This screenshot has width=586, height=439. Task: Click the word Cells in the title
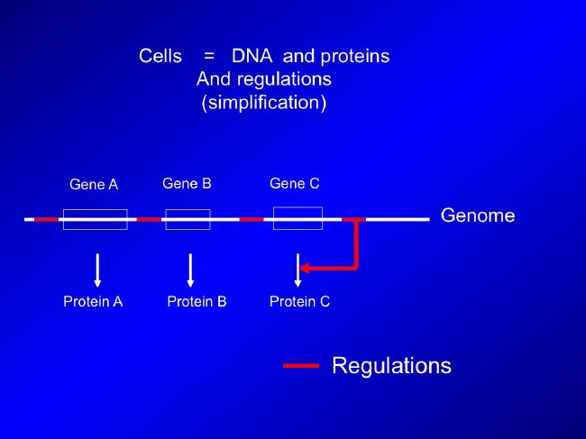(160, 56)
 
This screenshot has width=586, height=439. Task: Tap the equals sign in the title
(209, 57)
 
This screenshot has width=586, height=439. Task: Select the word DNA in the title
(252, 56)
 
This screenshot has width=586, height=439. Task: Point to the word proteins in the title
(355, 57)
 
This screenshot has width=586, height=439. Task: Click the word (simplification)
(264, 103)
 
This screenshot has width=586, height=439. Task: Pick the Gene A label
(94, 184)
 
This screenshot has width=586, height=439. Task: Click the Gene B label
(187, 184)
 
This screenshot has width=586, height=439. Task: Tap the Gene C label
(295, 184)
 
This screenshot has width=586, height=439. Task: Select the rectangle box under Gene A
(96, 210)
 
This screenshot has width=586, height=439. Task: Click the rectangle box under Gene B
(188, 210)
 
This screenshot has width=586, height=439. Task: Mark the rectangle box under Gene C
(298, 207)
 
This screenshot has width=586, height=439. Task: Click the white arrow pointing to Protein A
(97, 270)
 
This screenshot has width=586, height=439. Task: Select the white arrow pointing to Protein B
(190, 270)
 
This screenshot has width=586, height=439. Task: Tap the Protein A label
(93, 301)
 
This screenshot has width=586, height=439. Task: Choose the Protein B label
(197, 301)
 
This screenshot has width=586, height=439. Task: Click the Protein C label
(299, 301)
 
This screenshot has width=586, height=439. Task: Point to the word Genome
(478, 215)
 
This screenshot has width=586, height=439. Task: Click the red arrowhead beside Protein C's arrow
(304, 268)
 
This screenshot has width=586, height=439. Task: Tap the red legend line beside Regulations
(301, 366)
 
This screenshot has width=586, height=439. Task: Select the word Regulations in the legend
(391, 365)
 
